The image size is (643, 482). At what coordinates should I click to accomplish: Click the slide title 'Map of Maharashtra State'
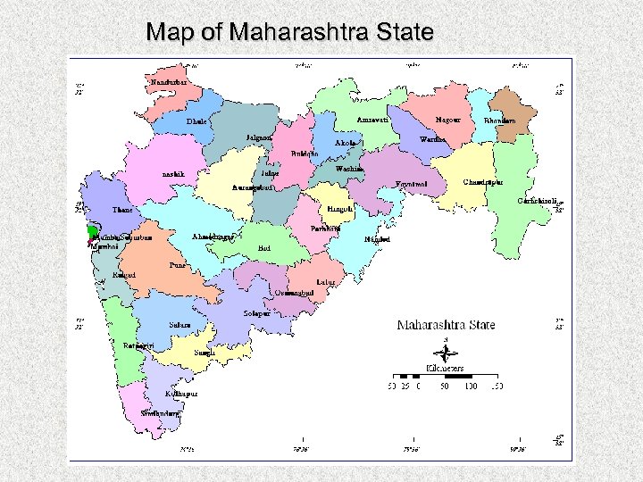pos(289,33)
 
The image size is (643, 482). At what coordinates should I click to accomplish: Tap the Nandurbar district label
pos(169,82)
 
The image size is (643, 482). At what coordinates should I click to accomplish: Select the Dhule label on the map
pos(196,121)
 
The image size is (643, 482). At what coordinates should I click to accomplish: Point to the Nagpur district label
pos(447,120)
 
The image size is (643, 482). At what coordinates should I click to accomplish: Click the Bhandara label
pos(499,120)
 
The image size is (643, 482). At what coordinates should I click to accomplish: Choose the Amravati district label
pos(372,120)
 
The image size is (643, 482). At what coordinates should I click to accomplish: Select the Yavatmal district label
pos(412,185)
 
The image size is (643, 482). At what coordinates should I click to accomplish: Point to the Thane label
pos(122,210)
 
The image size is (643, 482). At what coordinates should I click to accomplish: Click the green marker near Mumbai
pos(91,232)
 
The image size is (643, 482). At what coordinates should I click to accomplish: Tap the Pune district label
pos(178,265)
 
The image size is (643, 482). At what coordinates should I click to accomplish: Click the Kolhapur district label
pos(181,393)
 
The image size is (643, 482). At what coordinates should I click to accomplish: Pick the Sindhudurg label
pos(162,413)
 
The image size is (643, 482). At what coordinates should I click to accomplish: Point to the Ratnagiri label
pos(139,345)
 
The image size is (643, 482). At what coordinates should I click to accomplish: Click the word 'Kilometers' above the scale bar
pos(447,367)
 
